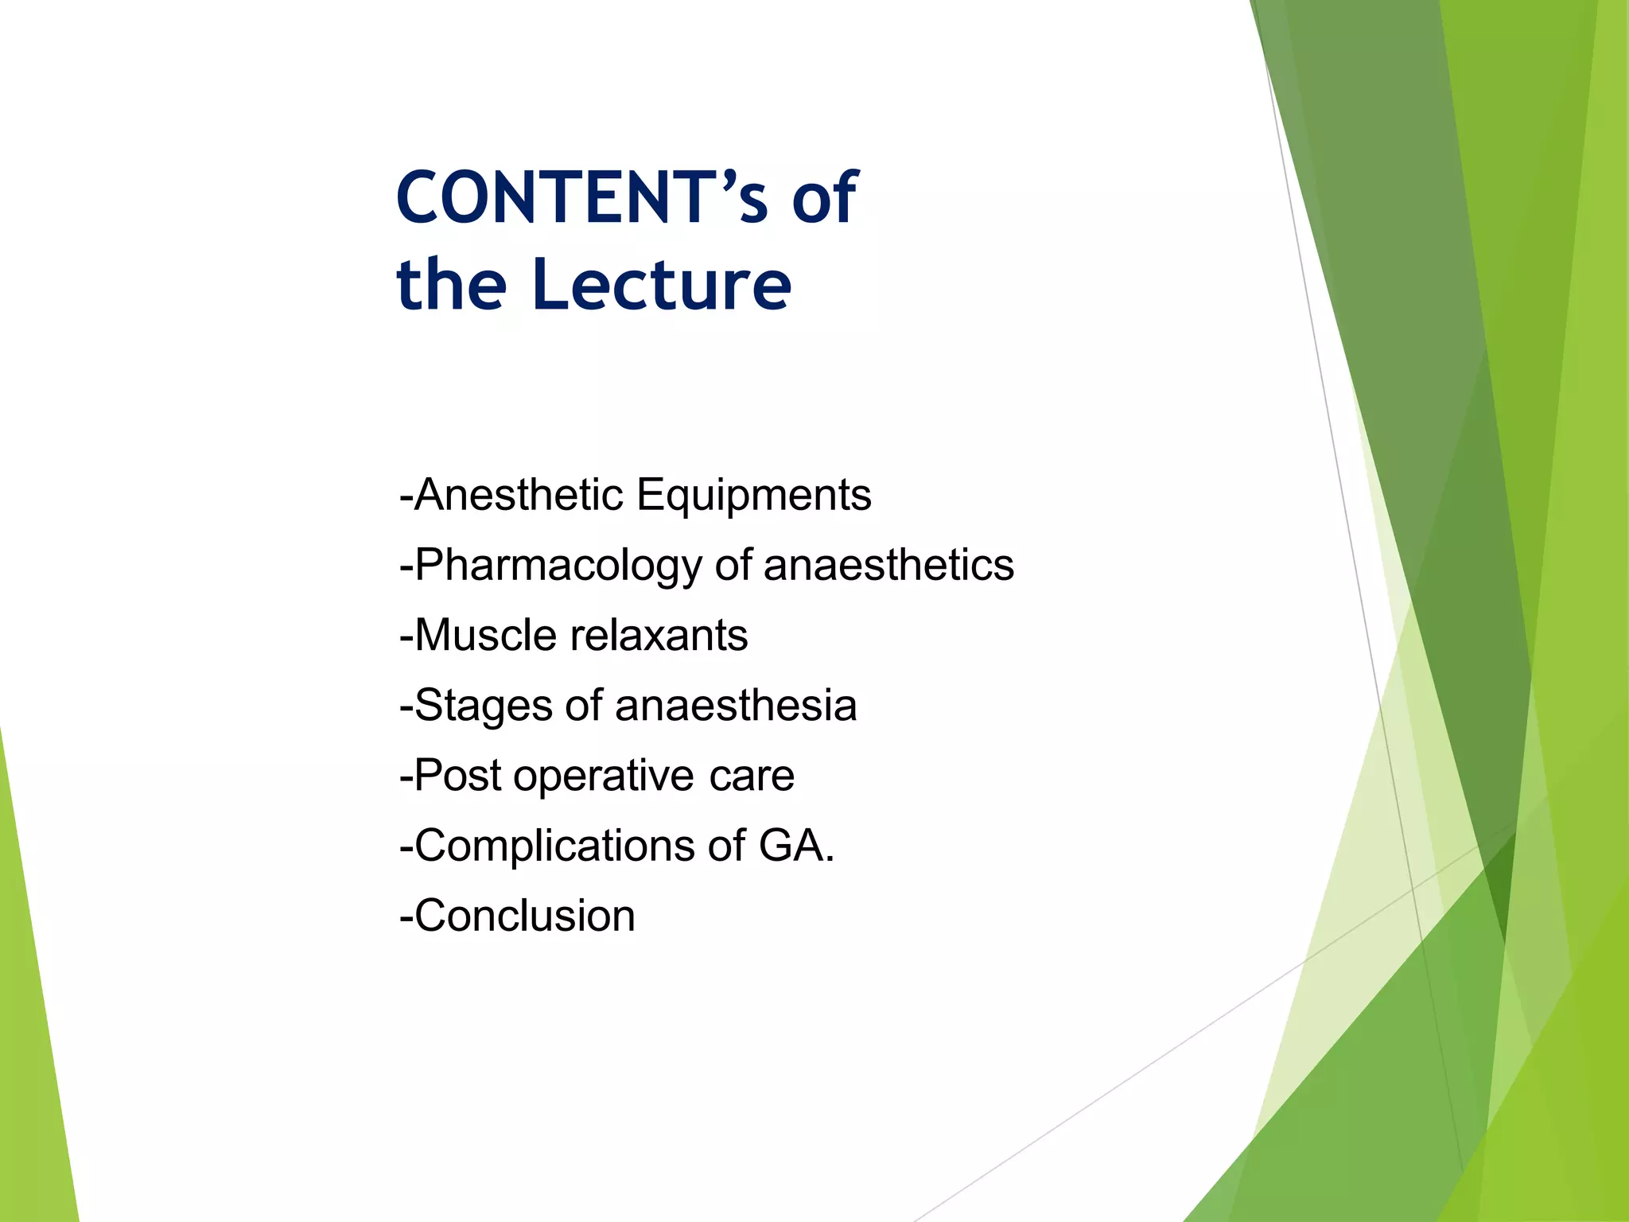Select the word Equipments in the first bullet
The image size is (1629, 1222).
(753, 496)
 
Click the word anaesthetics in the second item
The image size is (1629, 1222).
(888, 565)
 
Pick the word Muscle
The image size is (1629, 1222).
(486, 635)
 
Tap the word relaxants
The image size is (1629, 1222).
(659, 635)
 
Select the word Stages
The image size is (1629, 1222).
(484, 706)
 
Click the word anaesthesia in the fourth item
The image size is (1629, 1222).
(736, 705)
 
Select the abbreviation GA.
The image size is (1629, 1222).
(795, 845)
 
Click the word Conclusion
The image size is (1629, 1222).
(525, 916)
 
